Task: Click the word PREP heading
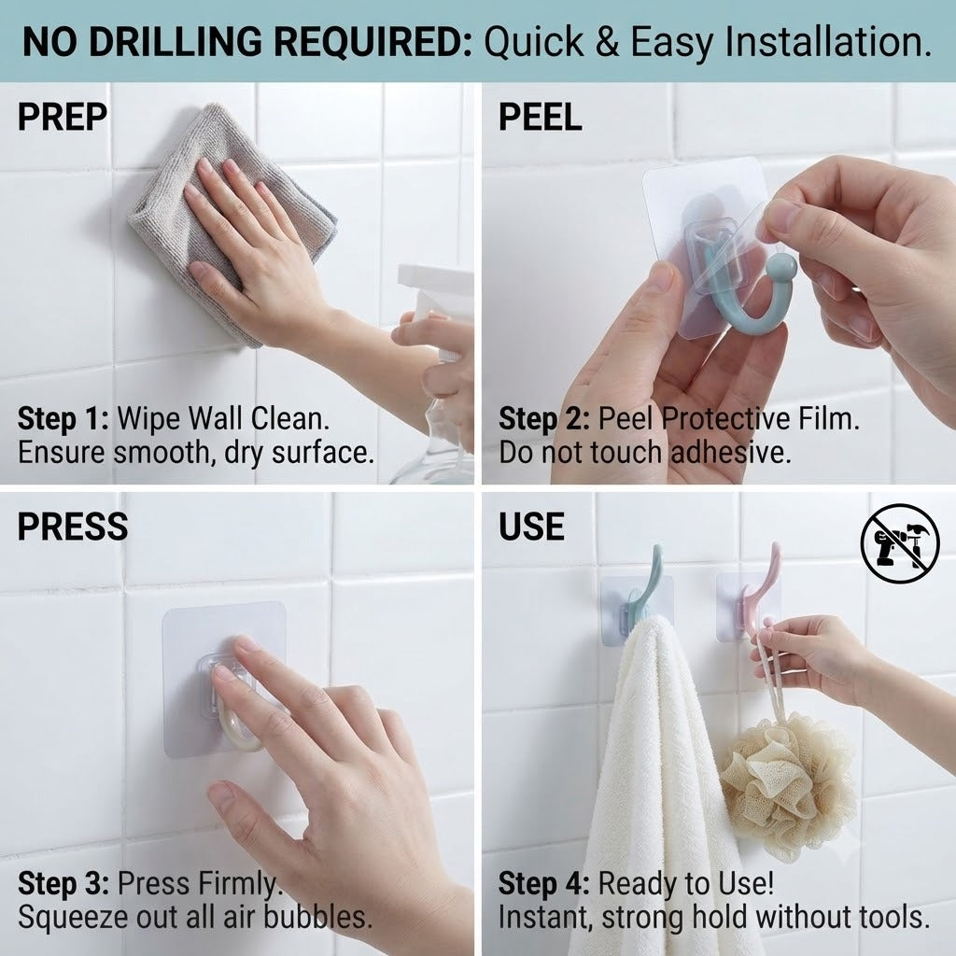(x=63, y=117)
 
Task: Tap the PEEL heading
(x=541, y=117)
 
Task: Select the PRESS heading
(x=73, y=527)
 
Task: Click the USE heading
(x=531, y=527)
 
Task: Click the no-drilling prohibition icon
(x=900, y=543)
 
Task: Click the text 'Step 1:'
(x=63, y=419)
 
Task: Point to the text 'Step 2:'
(x=544, y=419)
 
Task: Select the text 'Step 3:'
(x=63, y=883)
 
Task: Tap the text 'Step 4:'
(x=544, y=883)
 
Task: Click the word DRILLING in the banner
(x=176, y=42)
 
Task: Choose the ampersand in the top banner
(x=607, y=42)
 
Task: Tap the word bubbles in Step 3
(x=317, y=917)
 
